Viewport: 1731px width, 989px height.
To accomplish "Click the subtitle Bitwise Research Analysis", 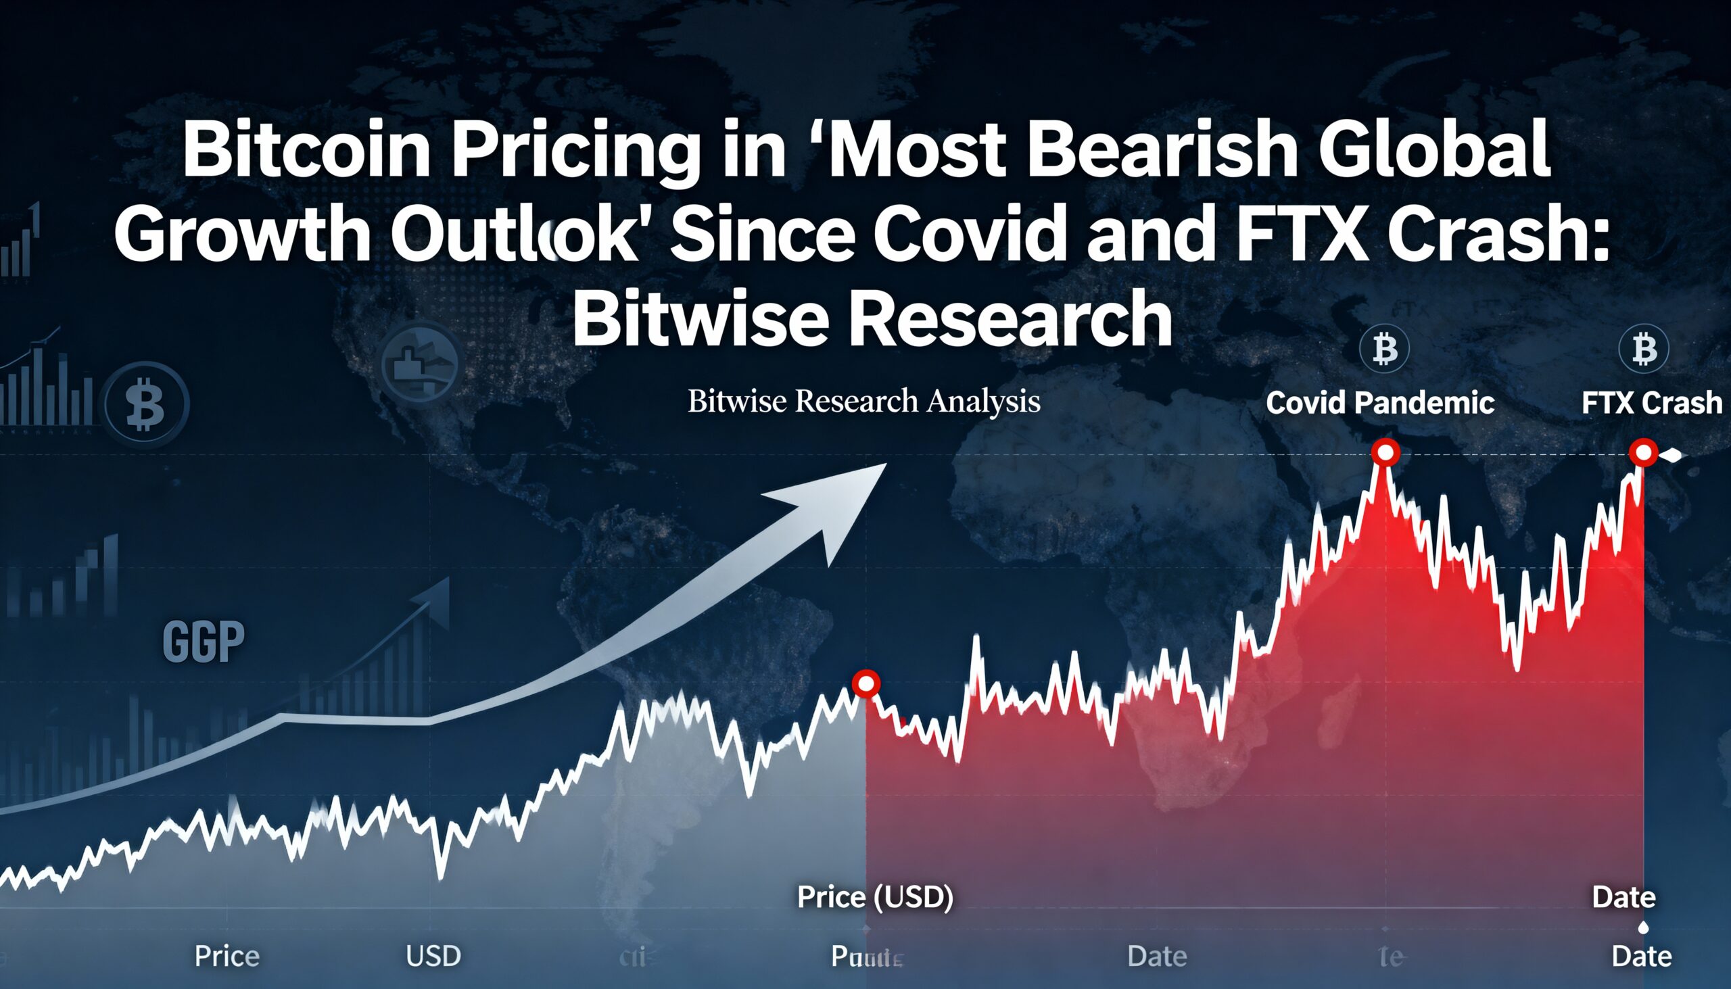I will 863,401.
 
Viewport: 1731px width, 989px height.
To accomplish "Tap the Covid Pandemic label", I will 1380,403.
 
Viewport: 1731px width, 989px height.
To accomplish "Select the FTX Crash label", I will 1651,403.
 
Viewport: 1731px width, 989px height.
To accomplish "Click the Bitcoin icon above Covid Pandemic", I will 1384,349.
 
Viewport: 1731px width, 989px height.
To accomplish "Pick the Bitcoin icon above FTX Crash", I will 1643,349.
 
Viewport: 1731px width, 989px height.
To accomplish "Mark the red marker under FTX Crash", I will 1644,452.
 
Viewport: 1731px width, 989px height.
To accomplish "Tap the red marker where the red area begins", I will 866,683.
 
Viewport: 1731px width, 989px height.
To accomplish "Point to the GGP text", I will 203,642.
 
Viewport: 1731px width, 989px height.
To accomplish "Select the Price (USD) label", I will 875,896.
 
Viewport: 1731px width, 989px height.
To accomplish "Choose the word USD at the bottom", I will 433,957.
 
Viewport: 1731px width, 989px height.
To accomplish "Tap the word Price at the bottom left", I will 227,957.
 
